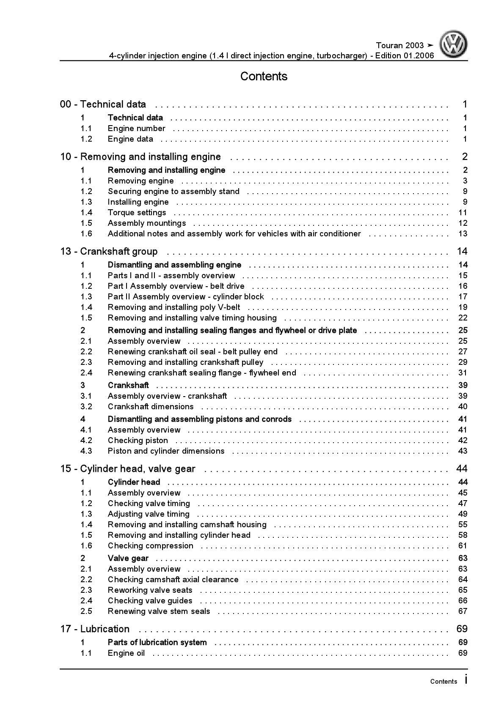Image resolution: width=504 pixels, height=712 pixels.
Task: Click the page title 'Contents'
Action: click(264, 77)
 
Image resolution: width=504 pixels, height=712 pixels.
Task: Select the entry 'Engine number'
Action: click(136, 129)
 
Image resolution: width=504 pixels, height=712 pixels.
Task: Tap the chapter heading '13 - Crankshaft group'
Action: click(109, 252)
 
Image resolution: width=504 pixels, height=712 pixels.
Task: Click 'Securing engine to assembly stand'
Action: click(174, 192)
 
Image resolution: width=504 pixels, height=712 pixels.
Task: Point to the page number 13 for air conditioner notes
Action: click(463, 234)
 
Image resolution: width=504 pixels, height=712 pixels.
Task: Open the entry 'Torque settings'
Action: click(137, 213)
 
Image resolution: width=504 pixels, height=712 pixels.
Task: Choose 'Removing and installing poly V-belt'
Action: click(174, 307)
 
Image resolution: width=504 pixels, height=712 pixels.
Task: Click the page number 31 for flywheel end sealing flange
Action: click(463, 373)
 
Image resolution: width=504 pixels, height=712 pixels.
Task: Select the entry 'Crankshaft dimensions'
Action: click(151, 407)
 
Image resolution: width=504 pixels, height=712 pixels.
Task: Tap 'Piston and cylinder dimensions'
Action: click(166, 451)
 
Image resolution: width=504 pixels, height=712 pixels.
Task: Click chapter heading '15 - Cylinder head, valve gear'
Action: click(128, 469)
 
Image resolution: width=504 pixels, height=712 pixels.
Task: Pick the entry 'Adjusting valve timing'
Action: click(149, 514)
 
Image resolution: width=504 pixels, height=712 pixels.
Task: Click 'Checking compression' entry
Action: click(150, 546)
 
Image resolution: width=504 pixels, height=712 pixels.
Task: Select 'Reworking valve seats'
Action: click(150, 590)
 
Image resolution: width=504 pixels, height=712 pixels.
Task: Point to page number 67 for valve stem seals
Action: click(463, 611)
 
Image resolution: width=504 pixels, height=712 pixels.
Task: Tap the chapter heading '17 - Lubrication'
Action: click(95, 629)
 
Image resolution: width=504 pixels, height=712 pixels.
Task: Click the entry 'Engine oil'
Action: click(126, 653)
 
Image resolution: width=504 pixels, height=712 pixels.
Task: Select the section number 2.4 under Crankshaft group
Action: click(86, 373)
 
